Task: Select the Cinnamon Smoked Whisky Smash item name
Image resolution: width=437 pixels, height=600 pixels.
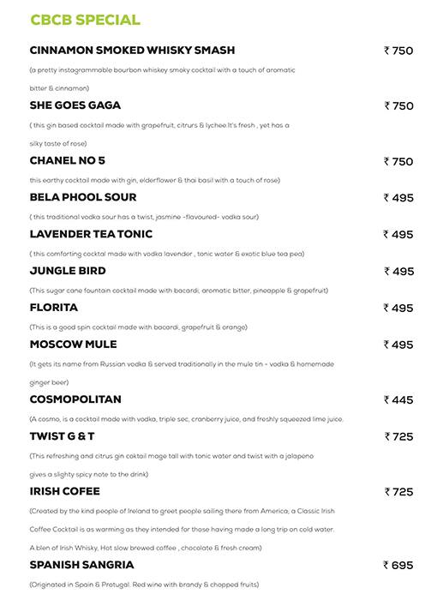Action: [132, 51]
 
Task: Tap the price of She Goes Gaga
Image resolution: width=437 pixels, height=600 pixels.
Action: [398, 106]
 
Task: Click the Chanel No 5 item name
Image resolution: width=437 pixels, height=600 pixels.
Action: [67, 161]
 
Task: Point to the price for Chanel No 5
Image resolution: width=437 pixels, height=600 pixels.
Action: [398, 161]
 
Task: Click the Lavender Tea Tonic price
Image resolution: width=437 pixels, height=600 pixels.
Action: [398, 235]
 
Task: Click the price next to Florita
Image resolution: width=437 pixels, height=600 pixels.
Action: [398, 309]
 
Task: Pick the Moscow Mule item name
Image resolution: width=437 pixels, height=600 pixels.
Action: [80, 345]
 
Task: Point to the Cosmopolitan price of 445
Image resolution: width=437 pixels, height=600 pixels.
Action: [398, 399]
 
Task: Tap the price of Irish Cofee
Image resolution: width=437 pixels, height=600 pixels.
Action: [398, 492]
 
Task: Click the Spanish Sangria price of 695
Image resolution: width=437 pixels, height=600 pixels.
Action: [398, 566]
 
